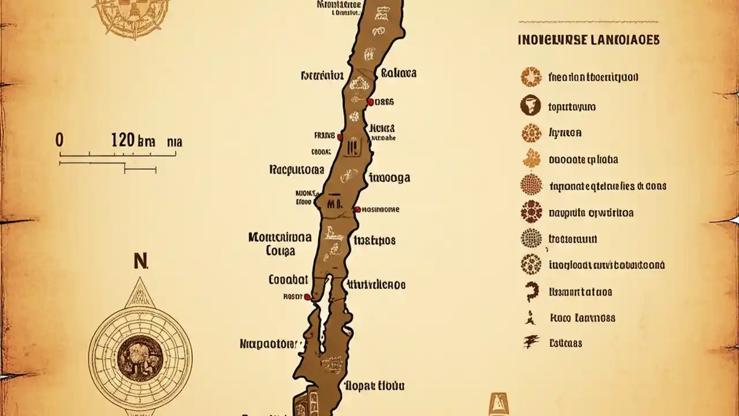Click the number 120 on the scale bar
point(122,140)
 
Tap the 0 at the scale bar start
point(59,140)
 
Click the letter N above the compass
point(140,261)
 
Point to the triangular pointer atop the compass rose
point(140,292)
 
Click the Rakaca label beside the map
point(398,73)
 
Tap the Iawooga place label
point(389,177)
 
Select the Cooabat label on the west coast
point(288,280)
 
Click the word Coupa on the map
point(281,251)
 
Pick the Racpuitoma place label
point(297,170)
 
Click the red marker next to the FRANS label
point(339,138)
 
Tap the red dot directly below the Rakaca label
point(369,102)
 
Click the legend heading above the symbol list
point(589,40)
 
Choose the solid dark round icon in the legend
point(531,106)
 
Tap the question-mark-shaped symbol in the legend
point(531,292)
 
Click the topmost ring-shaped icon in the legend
point(531,76)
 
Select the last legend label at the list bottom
point(565,343)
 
